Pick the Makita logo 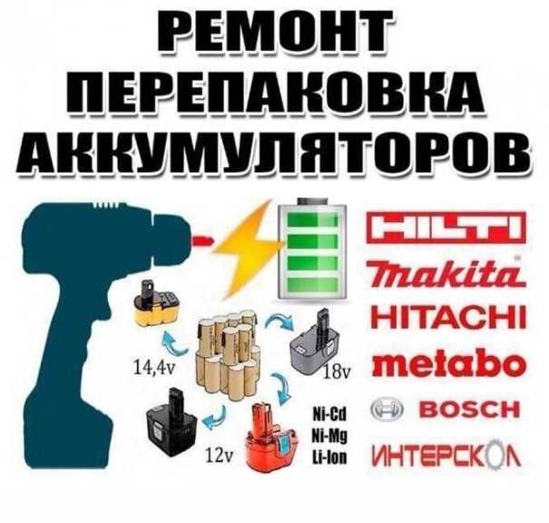coord(446,274)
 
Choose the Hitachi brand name coord(449,317)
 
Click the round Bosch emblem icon coord(387,410)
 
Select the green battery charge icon coord(312,249)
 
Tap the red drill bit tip coord(202,241)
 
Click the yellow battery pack coord(156,305)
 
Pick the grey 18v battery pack coord(315,337)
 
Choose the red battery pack coord(272,437)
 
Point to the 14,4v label coord(153,369)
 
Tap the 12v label coord(220,456)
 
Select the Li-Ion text coord(329,458)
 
